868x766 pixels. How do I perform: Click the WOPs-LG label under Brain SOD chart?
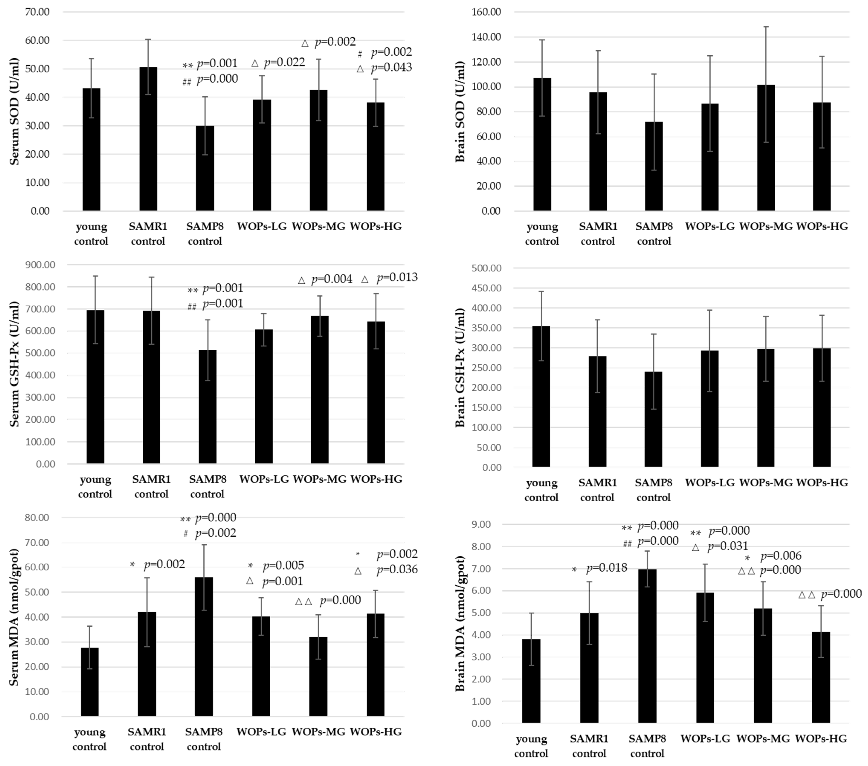click(x=710, y=226)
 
